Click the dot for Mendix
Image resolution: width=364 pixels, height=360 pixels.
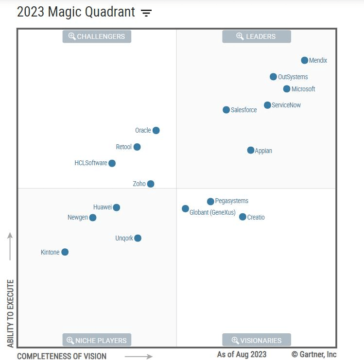click(x=304, y=60)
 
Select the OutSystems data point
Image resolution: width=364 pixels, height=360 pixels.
click(x=273, y=77)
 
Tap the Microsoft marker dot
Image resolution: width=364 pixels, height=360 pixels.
click(x=287, y=89)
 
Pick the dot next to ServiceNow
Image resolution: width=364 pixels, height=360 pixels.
click(x=267, y=105)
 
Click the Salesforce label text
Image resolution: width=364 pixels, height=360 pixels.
click(x=243, y=110)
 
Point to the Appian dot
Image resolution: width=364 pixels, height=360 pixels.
click(x=251, y=150)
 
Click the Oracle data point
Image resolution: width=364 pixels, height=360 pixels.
click(x=156, y=130)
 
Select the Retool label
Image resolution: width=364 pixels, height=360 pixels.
click(x=123, y=147)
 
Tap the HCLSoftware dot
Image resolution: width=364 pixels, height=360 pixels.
click(x=112, y=163)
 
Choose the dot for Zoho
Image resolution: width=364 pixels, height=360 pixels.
click(x=151, y=184)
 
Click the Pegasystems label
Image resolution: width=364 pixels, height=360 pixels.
click(x=231, y=201)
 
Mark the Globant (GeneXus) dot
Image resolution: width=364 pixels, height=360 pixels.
click(x=185, y=209)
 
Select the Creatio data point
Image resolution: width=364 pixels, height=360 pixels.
click(x=243, y=217)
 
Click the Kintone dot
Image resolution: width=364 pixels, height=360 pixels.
click(x=65, y=252)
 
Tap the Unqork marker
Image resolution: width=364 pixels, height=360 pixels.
click(x=138, y=238)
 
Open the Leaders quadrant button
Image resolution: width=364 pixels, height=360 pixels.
click(x=256, y=36)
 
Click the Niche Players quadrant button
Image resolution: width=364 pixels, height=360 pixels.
click(x=97, y=340)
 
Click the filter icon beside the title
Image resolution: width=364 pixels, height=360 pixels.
click(x=146, y=13)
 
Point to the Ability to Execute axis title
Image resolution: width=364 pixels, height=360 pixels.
click(x=11, y=313)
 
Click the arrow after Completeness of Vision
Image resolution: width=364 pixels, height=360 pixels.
click(x=139, y=356)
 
